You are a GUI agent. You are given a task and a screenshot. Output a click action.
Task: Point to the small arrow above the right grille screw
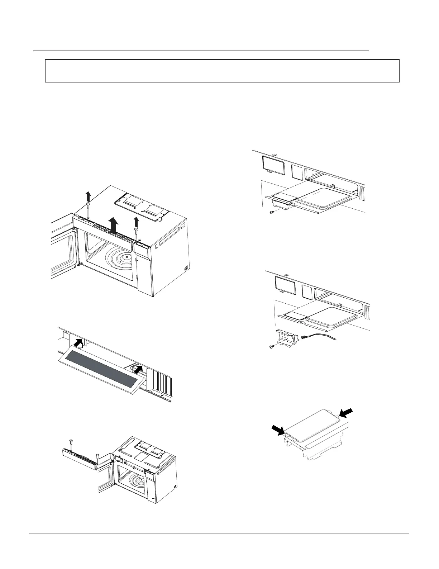pyautogui.click(x=136, y=221)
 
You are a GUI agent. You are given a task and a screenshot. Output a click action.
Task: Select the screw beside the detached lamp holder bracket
pyautogui.click(x=272, y=347)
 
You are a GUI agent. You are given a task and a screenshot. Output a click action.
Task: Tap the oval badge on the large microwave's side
pyautogui.click(x=186, y=268)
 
